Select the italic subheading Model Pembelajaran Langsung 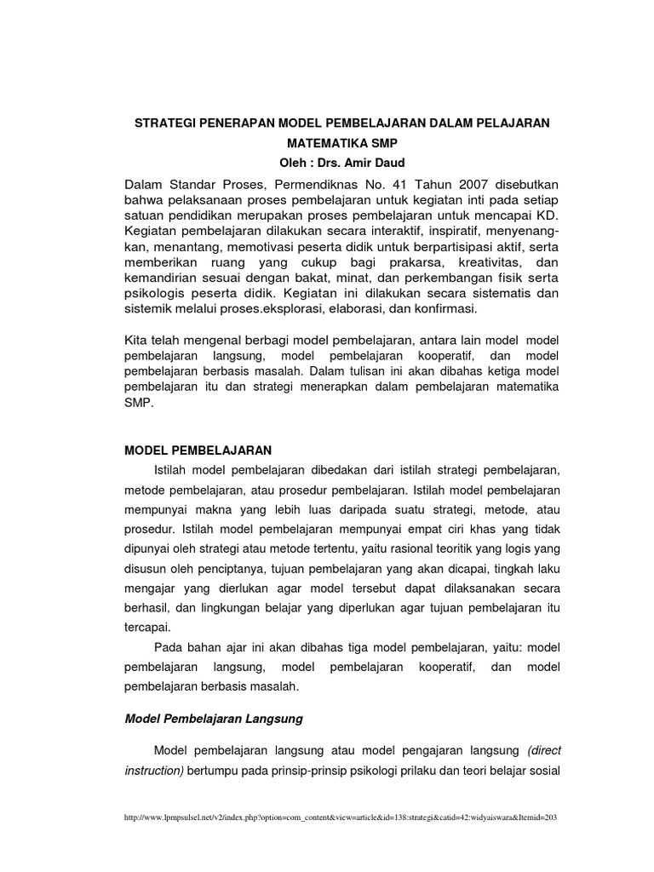214,719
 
